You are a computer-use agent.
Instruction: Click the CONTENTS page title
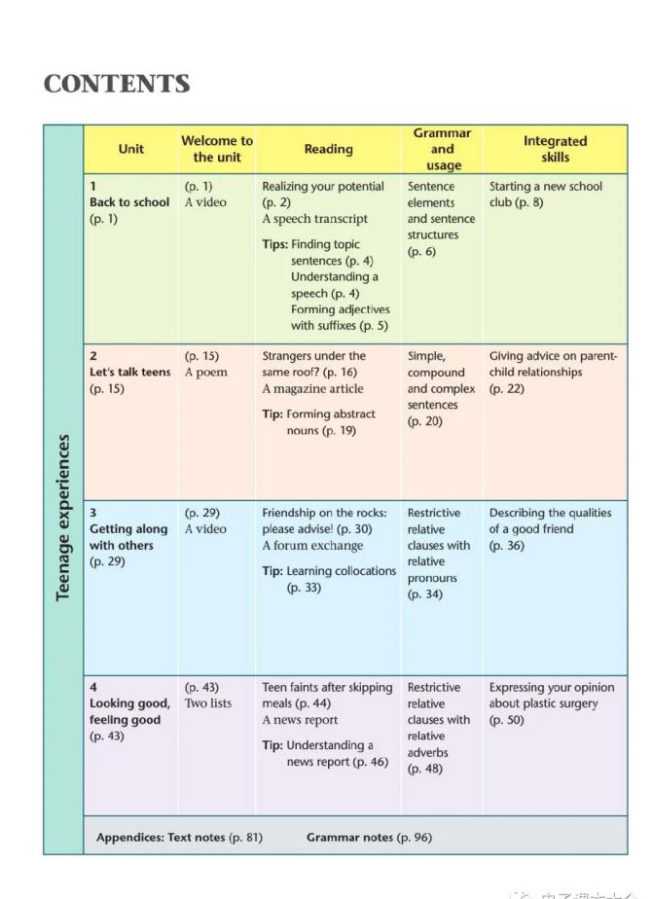(x=117, y=85)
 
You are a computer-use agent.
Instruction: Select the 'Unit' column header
(x=131, y=149)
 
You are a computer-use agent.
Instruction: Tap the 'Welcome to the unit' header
(x=216, y=149)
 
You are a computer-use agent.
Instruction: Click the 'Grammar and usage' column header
(x=442, y=149)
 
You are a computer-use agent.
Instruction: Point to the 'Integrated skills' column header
(x=555, y=149)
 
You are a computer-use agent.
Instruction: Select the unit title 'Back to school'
(x=128, y=202)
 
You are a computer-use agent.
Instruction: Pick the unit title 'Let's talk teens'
(x=129, y=373)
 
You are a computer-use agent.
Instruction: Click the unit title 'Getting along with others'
(x=127, y=537)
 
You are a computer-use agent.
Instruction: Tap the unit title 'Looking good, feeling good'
(x=128, y=711)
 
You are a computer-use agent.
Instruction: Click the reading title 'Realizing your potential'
(x=322, y=186)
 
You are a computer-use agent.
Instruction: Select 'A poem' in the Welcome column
(x=205, y=373)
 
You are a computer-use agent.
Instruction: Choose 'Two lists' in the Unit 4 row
(x=208, y=703)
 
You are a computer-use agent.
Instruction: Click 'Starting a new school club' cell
(x=545, y=194)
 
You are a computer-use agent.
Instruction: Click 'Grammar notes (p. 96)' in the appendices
(x=369, y=837)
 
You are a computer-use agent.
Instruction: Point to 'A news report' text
(x=300, y=720)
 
